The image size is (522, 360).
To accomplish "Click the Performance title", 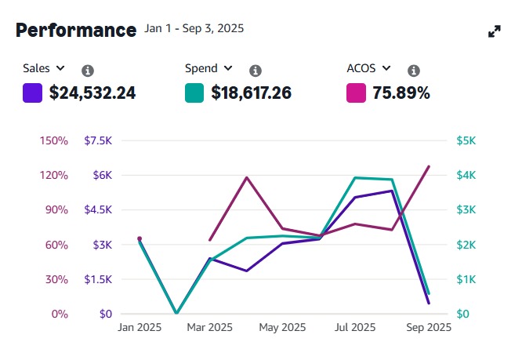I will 76,31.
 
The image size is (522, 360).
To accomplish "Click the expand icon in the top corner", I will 495,31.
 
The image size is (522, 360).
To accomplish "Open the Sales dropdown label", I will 44,68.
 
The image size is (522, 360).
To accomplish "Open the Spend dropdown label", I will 208,68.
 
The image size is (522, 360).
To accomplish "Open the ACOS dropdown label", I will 368,68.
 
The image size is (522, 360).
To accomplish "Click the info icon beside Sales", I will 88,70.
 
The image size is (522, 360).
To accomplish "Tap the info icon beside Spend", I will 256,70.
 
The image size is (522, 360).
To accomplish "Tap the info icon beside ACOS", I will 414,70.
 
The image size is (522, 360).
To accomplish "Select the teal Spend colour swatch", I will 194,93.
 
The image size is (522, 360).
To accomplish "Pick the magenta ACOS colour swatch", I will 356,93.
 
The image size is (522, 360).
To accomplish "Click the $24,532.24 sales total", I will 92,93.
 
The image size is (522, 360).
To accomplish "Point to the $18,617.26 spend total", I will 251,93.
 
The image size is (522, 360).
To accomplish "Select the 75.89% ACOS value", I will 401,93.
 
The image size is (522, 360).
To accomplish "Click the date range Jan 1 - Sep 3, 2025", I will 194,28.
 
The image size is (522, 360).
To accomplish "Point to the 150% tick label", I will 53,140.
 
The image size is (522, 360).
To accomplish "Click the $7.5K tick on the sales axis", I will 100,140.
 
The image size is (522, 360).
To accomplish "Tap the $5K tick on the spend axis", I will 466,140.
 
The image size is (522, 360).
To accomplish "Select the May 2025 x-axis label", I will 282,327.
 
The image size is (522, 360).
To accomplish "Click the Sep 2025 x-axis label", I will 429,327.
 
